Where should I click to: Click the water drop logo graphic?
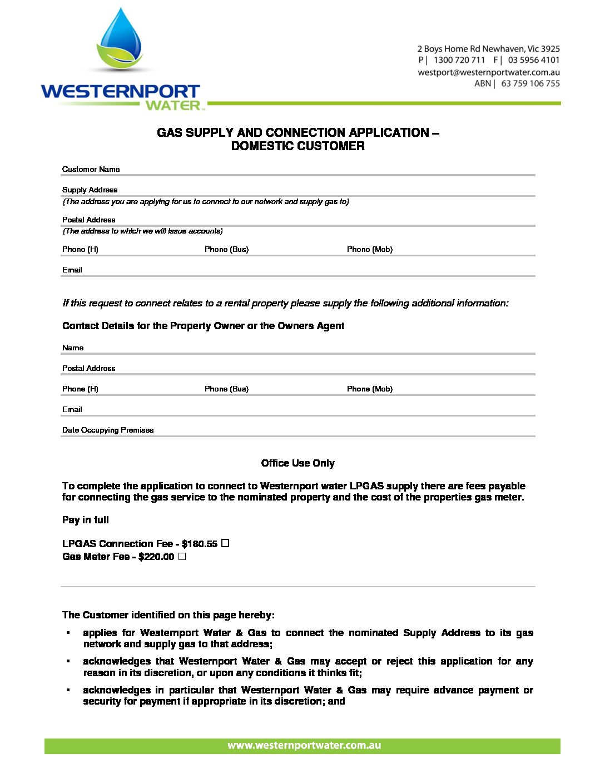pos(120,42)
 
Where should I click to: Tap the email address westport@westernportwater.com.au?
pos(489,72)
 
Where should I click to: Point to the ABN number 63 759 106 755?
pos(530,83)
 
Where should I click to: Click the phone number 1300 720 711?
pos(459,60)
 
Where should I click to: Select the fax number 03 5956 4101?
pos(534,60)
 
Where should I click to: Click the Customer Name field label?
pos(91,169)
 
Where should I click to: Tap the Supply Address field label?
pos(90,190)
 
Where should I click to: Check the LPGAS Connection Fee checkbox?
pos(225,543)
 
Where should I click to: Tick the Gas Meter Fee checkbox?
pos(182,556)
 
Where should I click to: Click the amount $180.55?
pos(200,544)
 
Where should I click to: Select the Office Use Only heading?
pos(297,463)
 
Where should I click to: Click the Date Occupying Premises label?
pos(108,430)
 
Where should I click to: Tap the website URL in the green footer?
pos(304,746)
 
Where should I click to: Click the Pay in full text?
pos(86,520)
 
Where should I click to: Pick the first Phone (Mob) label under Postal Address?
pos(370,249)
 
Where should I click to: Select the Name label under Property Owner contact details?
pos(73,348)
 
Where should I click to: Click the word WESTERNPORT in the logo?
pos(120,92)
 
